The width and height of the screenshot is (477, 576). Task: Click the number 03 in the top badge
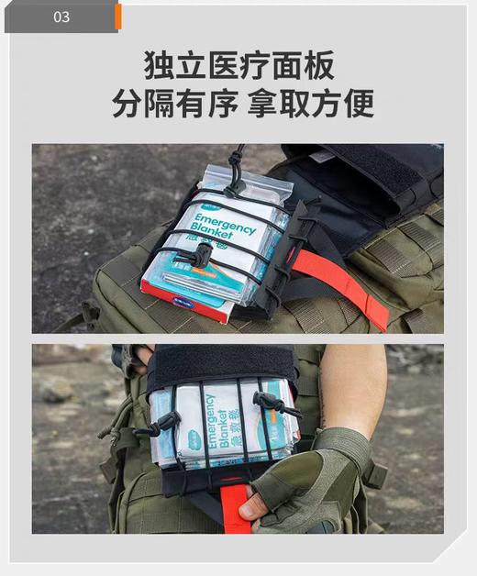pos(61,17)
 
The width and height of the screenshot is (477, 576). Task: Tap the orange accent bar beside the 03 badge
pos(118,17)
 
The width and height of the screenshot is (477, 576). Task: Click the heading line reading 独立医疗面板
pos(238,65)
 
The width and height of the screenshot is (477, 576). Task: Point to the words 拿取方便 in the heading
pos(311,103)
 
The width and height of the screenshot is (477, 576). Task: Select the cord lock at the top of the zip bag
pos(237,183)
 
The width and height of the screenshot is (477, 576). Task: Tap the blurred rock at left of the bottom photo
pos(57,390)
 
